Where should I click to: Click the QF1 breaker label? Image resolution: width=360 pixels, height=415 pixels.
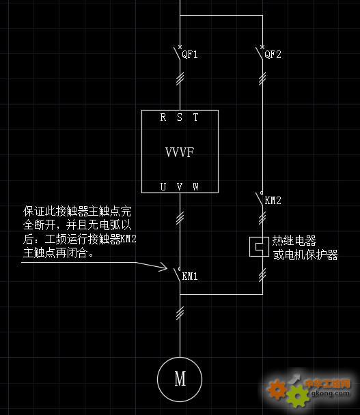[x=190, y=55]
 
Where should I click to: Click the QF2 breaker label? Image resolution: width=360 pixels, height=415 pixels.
[x=273, y=55]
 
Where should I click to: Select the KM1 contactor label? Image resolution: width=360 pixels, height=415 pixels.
[x=190, y=276]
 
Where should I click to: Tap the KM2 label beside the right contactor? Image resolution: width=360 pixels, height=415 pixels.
[x=273, y=201]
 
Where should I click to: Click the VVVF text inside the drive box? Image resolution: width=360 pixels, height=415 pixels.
[x=180, y=152]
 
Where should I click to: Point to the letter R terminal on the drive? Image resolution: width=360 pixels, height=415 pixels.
[x=163, y=117]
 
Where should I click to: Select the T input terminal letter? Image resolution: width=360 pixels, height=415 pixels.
[x=195, y=117]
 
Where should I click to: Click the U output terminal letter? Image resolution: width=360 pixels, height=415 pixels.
[x=163, y=187]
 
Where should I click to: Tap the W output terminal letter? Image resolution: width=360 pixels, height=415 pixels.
[x=195, y=187]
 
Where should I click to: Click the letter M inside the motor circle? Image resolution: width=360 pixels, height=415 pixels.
[x=180, y=379]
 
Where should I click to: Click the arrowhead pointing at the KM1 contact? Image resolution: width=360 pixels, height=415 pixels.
[x=164, y=268]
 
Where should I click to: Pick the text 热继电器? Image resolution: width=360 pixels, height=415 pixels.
[x=294, y=240]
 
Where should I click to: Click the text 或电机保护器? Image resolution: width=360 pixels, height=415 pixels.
[x=305, y=255]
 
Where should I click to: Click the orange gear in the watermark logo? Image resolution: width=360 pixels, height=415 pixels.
[x=276, y=389]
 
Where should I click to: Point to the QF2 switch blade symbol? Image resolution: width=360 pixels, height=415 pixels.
[x=259, y=53]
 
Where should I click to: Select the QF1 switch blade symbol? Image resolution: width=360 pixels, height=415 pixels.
[x=177, y=53]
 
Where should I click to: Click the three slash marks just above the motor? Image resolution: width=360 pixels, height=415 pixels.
[x=180, y=313]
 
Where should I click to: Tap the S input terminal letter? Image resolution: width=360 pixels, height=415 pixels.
[x=180, y=117]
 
